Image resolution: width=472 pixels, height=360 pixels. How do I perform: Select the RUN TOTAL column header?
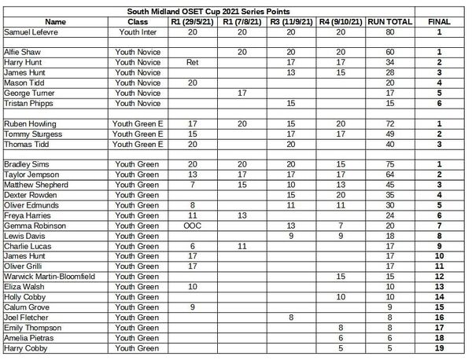pyautogui.click(x=389, y=22)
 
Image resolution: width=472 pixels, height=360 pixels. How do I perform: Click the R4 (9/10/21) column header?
pyautogui.click(x=341, y=22)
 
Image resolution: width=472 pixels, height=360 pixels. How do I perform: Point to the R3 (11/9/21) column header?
pyautogui.click(x=291, y=22)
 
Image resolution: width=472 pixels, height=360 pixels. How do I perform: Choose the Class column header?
pyautogui.click(x=138, y=22)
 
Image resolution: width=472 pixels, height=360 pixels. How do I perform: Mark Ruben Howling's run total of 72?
pyautogui.click(x=389, y=124)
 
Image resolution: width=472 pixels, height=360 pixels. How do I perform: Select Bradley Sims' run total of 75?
pyautogui.click(x=389, y=164)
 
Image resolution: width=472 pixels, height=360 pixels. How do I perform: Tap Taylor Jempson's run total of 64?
pyautogui.click(x=389, y=174)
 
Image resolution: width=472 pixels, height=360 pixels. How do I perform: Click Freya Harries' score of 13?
pyautogui.click(x=242, y=215)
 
